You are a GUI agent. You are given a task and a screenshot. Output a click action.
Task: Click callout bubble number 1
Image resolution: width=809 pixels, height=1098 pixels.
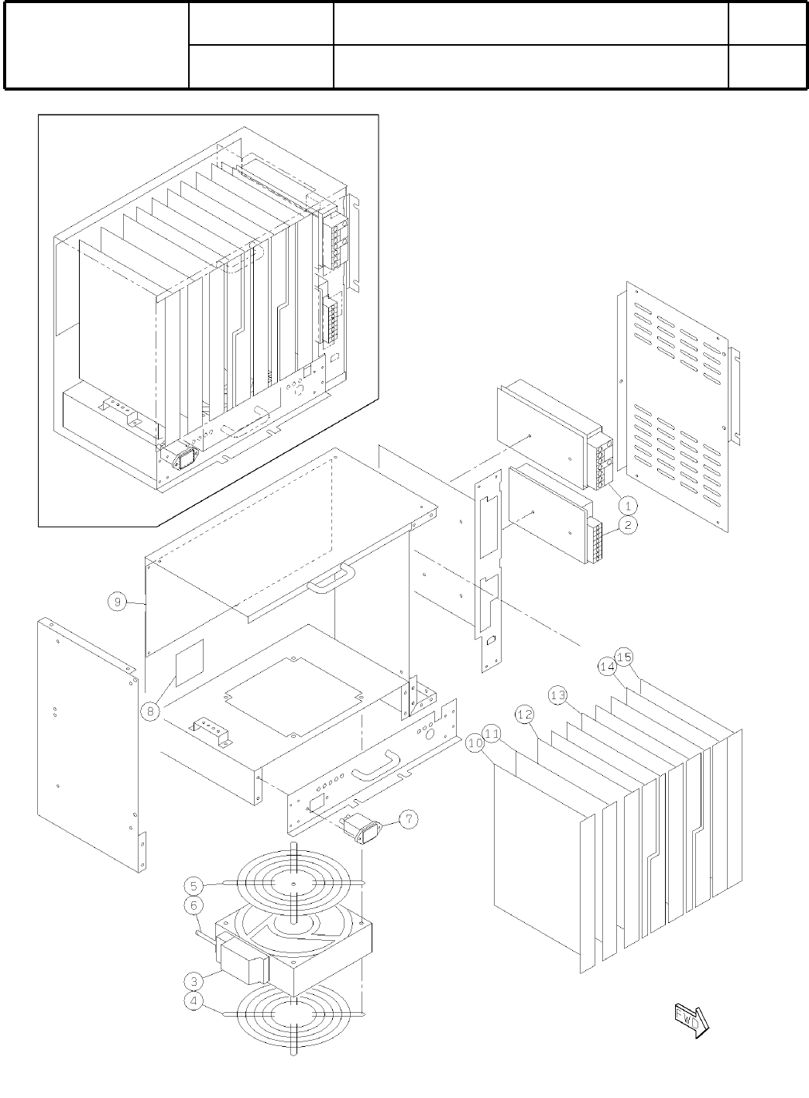pyautogui.click(x=629, y=505)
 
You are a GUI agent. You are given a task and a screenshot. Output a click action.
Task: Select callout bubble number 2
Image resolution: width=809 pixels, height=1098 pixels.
pyautogui.click(x=629, y=526)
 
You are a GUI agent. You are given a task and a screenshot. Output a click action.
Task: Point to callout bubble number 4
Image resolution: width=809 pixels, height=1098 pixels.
pyautogui.click(x=194, y=1001)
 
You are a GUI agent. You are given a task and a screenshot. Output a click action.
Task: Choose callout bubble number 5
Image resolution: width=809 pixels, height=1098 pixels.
pyautogui.click(x=194, y=885)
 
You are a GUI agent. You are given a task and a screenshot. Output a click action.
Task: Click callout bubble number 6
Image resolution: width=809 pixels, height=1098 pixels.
pyautogui.click(x=194, y=904)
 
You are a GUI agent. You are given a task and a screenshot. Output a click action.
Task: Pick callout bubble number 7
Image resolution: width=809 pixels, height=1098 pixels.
pyautogui.click(x=408, y=818)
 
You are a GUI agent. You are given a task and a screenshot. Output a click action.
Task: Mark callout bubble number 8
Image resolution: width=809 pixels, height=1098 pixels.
pyautogui.click(x=150, y=709)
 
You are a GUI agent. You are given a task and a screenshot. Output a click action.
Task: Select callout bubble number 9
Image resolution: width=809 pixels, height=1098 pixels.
pyautogui.click(x=118, y=602)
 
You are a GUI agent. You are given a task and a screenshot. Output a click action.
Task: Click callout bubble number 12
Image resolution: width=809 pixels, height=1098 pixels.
pyautogui.click(x=526, y=714)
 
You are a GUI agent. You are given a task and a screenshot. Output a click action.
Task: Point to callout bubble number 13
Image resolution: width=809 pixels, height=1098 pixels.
pyautogui.click(x=557, y=695)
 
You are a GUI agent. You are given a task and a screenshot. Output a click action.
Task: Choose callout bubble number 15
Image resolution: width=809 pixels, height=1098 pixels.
pyautogui.click(x=625, y=657)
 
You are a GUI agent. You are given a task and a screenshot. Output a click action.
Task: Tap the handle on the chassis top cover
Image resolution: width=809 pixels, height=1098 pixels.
pyautogui.click(x=331, y=577)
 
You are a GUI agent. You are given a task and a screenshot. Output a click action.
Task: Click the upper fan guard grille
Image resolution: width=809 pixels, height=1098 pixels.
pyautogui.click(x=294, y=883)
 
